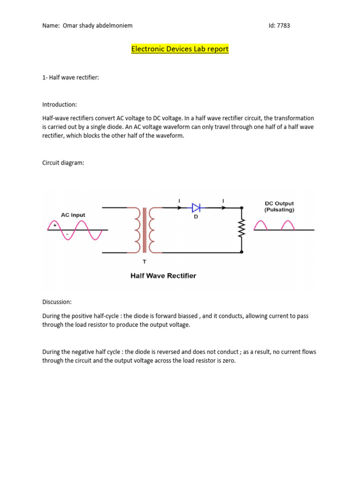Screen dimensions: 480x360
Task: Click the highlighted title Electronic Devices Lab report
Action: (x=180, y=49)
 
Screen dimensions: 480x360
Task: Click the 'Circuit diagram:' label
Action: (x=63, y=163)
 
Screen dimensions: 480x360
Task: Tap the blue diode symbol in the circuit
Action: (x=196, y=208)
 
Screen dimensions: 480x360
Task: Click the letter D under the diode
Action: (x=196, y=217)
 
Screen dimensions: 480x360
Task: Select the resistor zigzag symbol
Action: (x=242, y=230)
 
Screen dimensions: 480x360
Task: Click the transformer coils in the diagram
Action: (x=144, y=230)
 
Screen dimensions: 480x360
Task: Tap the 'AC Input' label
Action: (x=73, y=215)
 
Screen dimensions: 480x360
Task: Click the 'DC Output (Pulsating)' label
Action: (x=279, y=206)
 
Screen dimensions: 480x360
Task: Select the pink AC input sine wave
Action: (x=75, y=230)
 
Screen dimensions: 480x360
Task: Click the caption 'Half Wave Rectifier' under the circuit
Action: (x=163, y=276)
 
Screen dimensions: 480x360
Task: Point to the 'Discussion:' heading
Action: (x=57, y=302)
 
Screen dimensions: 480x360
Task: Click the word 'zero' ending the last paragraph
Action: (x=227, y=361)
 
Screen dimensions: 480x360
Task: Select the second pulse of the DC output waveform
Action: (x=287, y=225)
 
